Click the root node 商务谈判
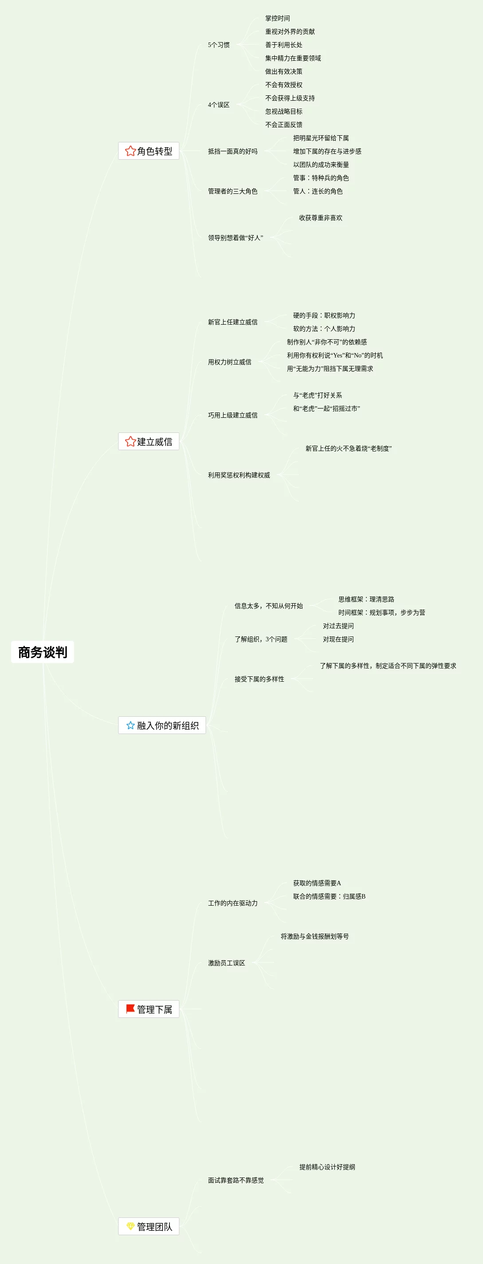point(43,652)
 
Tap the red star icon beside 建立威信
point(130,442)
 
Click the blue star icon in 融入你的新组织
point(130,725)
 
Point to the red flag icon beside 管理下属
point(130,1009)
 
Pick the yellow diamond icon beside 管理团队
point(130,1226)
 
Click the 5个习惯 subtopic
point(218,45)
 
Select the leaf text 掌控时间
point(277,19)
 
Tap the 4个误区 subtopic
point(218,105)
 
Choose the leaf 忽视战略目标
point(284,112)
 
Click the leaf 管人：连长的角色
point(318,191)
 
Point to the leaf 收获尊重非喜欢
point(321,218)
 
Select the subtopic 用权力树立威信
point(229,362)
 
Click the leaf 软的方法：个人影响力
point(324,329)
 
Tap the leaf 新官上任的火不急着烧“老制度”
point(349,448)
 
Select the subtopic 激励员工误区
point(226,963)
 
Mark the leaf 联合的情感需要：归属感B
point(329,896)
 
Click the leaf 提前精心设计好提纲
point(327,1167)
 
